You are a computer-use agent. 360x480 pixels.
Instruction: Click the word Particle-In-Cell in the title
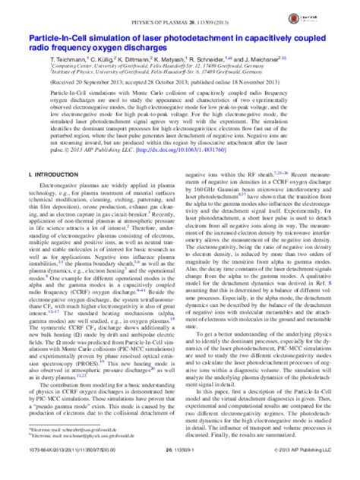coord(57,36)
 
